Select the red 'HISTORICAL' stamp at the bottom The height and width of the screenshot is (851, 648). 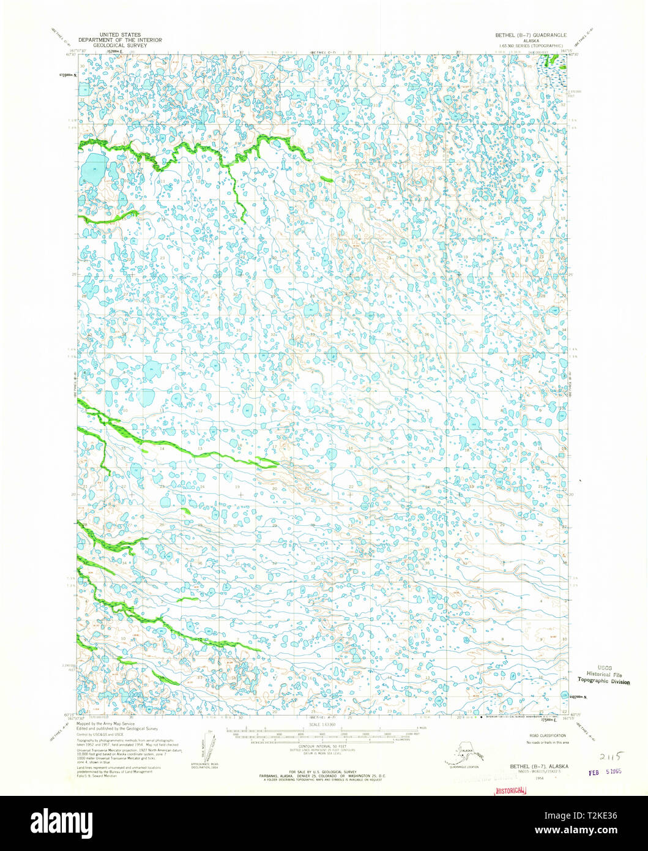pyautogui.click(x=509, y=790)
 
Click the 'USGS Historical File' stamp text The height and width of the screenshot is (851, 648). pyautogui.click(x=603, y=672)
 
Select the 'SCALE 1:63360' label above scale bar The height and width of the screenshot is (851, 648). pyautogui.click(x=321, y=725)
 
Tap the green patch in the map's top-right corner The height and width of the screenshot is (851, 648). pyautogui.click(x=554, y=60)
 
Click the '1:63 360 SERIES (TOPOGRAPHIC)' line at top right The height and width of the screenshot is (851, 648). pyautogui.click(x=531, y=46)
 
